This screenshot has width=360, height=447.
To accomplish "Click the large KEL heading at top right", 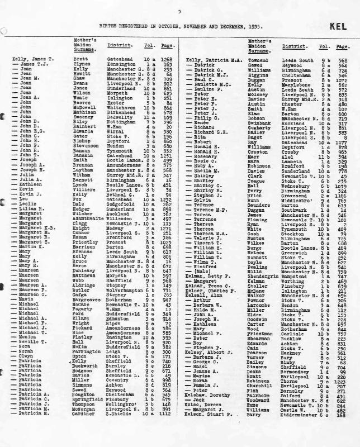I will pyautogui.click(x=339, y=26).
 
